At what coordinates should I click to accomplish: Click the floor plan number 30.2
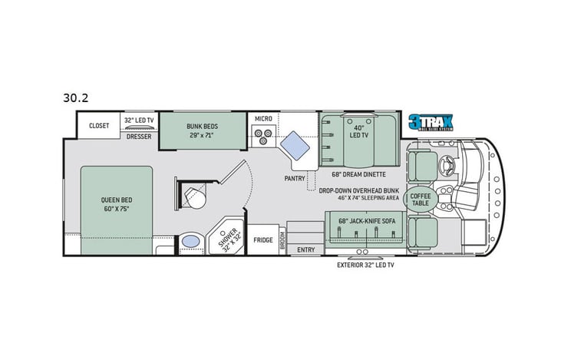[76, 97]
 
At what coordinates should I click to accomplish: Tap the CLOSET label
[99, 125]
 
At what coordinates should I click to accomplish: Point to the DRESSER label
[139, 136]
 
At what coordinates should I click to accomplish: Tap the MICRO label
[264, 119]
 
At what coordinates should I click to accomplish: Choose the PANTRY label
[295, 178]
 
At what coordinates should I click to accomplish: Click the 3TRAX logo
[431, 122]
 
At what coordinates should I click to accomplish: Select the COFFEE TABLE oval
[420, 200]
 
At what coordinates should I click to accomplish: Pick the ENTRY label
[306, 249]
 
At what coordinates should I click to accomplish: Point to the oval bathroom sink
[189, 243]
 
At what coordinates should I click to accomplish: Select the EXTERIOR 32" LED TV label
[365, 265]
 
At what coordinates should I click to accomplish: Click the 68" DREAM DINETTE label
[358, 173]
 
